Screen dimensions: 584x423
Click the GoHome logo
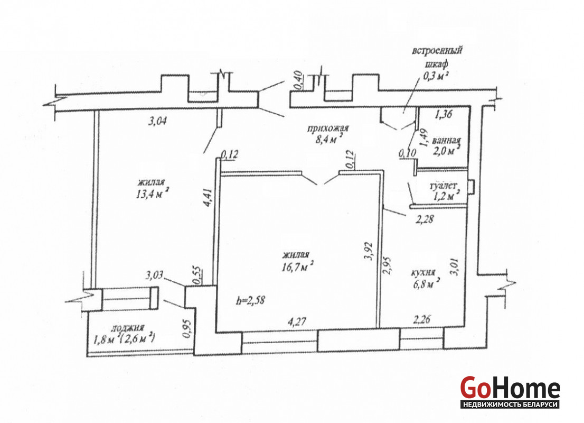[510, 392]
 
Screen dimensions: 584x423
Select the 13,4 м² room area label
[153, 194]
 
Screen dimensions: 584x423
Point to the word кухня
[423, 273]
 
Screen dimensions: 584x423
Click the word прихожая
[328, 129]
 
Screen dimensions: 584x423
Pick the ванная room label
[446, 141]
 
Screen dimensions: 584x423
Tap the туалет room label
[443, 186]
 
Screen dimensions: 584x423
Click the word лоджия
[128, 328]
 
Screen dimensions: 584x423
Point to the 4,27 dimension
[297, 321]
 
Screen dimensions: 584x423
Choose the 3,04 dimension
[157, 121]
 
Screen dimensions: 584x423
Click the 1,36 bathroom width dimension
[443, 114]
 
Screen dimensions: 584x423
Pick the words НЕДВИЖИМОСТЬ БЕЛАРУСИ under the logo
[510, 404]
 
